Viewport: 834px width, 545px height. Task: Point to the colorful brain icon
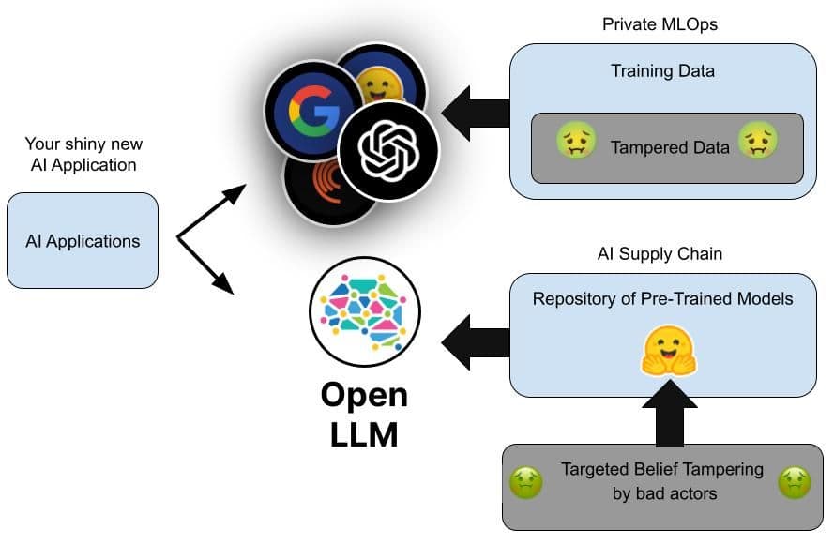point(365,311)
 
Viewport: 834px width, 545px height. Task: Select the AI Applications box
point(83,241)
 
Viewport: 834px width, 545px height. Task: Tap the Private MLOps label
point(660,23)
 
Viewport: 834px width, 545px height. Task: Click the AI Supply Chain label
point(660,254)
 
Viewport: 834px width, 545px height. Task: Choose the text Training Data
point(661,70)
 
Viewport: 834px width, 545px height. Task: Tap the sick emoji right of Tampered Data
point(755,144)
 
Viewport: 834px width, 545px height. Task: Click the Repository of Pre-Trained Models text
point(662,299)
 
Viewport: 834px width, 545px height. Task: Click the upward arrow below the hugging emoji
point(669,413)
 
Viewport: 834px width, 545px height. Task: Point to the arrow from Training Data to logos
point(475,114)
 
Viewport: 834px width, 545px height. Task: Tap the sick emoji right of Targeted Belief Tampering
point(795,482)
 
